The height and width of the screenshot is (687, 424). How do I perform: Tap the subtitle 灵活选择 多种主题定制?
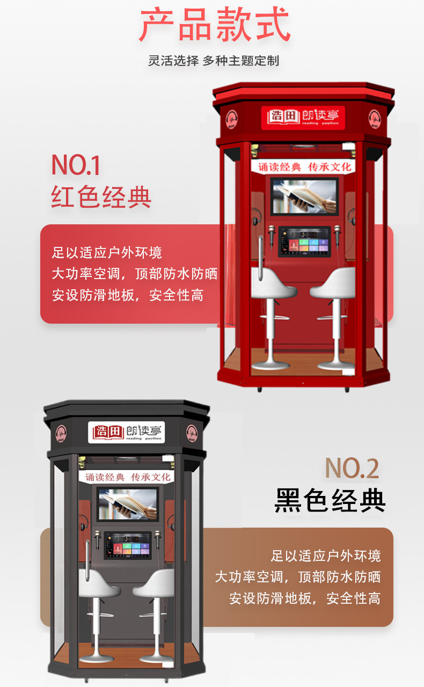coord(214,61)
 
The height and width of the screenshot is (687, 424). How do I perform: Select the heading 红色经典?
coord(101,197)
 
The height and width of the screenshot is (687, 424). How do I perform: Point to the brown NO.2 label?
coord(352,468)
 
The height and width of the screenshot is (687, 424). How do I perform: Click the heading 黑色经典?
coord(330,500)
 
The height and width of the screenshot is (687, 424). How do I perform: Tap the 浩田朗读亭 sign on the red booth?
coord(303,116)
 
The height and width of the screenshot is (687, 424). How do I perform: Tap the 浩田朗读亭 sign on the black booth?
coord(127,431)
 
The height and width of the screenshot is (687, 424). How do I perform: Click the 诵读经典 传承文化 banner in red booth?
coord(304,167)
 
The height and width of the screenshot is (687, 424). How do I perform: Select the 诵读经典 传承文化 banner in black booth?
coord(128,477)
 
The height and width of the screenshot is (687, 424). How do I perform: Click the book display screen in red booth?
coord(304,196)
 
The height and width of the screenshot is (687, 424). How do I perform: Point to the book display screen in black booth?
coord(127,503)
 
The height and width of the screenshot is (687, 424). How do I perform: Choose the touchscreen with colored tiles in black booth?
coord(128,545)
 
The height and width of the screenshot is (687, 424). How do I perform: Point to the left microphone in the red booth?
coord(273,233)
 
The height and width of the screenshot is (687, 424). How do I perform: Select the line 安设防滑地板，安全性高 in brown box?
coord(305,598)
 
